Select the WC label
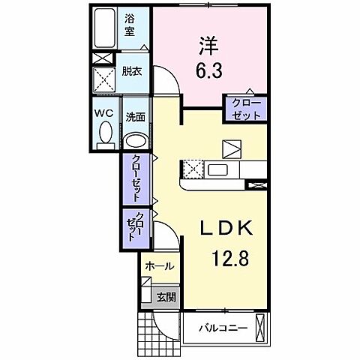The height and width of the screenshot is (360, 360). pos(103,112)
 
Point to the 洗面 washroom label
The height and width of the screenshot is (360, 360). pos(135,118)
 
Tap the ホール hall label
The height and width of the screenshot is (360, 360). pos(159,266)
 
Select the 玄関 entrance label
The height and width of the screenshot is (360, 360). pos(166,297)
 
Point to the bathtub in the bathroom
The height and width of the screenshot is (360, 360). pos(105,29)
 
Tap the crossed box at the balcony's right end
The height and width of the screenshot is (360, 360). pos(260,328)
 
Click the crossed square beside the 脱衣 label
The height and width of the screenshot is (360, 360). pos(103,77)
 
